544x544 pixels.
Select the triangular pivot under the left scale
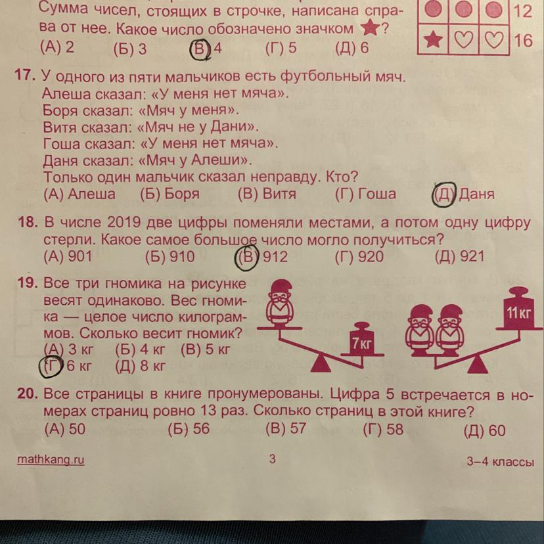[x=320, y=364]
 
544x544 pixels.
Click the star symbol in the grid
[x=433, y=39]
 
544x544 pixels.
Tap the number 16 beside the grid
[x=523, y=40]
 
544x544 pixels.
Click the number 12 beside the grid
[x=522, y=11]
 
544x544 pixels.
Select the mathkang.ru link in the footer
[x=51, y=460]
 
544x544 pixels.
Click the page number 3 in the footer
[x=273, y=459]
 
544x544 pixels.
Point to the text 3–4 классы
[x=500, y=462]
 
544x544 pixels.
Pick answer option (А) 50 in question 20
[x=65, y=429]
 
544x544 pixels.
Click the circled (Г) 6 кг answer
[x=65, y=367]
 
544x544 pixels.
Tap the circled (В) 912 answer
[x=261, y=257]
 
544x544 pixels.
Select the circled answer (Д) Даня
[x=463, y=194]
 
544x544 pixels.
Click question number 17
[x=25, y=75]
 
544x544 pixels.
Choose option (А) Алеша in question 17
[x=79, y=194]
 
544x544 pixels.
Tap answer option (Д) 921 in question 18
[x=459, y=256]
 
